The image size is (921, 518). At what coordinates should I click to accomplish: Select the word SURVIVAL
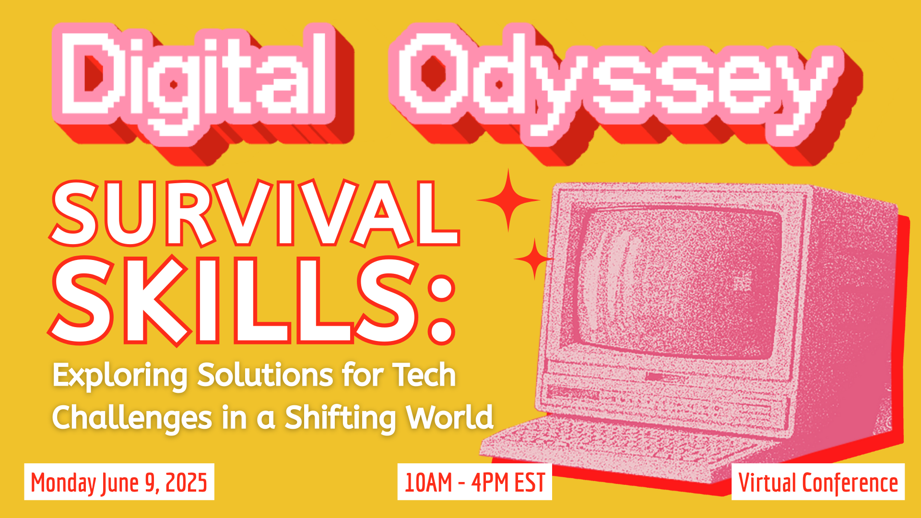tap(254, 213)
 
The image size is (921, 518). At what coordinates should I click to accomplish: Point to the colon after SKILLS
tap(442, 309)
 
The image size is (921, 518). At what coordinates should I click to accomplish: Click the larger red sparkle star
tap(508, 200)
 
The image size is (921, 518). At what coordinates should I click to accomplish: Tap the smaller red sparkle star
tap(534, 259)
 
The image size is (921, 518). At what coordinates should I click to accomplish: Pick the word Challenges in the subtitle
tap(132, 417)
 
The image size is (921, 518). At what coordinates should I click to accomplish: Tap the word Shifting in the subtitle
tap(341, 417)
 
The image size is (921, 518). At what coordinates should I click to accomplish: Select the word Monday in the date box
tap(63, 482)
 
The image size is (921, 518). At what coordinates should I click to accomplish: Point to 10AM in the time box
tap(428, 482)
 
